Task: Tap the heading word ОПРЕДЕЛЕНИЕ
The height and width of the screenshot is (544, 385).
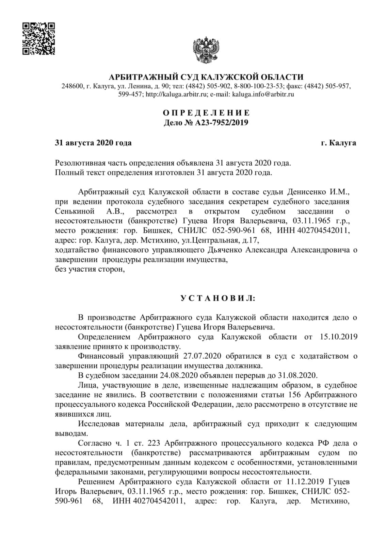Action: tap(206, 113)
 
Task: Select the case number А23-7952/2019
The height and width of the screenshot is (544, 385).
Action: tap(222, 122)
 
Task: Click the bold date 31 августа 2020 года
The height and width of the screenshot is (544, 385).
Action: tap(93, 143)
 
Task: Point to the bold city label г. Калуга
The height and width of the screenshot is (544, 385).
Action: tap(338, 143)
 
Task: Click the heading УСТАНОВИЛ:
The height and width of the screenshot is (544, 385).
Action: tap(218, 299)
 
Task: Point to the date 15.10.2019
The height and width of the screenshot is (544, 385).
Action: tap(339, 337)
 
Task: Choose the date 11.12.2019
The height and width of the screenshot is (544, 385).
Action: tap(309, 482)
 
